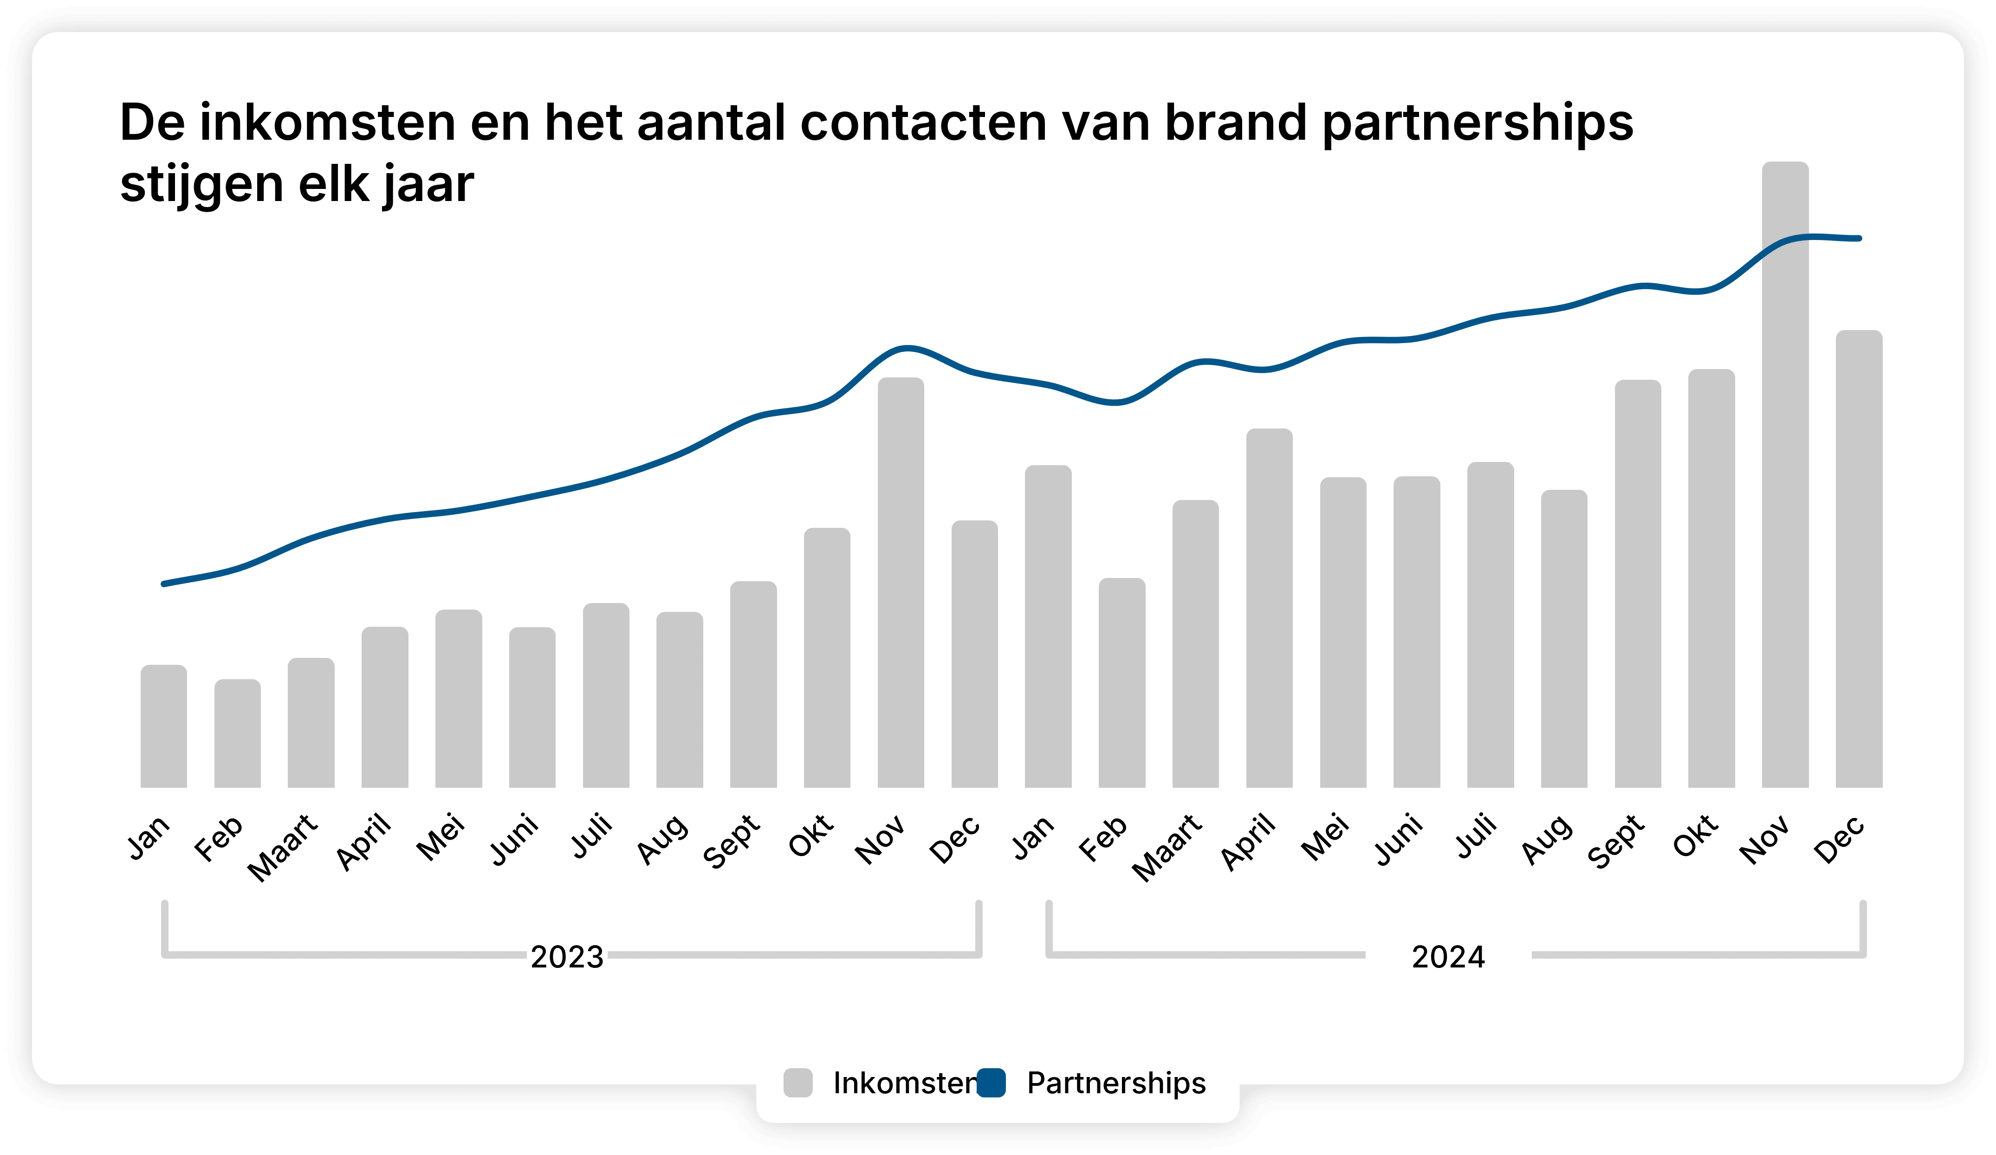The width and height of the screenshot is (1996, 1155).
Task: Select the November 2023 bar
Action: [x=901, y=582]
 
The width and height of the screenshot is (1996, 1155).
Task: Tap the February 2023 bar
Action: [x=237, y=733]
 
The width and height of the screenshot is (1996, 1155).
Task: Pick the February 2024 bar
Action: [x=1121, y=683]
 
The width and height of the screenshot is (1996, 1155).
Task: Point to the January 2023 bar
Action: [x=163, y=726]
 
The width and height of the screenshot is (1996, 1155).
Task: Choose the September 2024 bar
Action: [x=1637, y=584]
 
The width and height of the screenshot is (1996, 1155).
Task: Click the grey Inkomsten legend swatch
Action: [x=797, y=1083]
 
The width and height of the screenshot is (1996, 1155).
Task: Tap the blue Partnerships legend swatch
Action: [x=991, y=1083]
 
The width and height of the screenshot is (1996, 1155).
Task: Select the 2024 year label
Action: [x=1448, y=957]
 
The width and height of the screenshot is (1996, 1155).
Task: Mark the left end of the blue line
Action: [x=164, y=584]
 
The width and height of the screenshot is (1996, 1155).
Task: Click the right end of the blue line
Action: [x=1859, y=238]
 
